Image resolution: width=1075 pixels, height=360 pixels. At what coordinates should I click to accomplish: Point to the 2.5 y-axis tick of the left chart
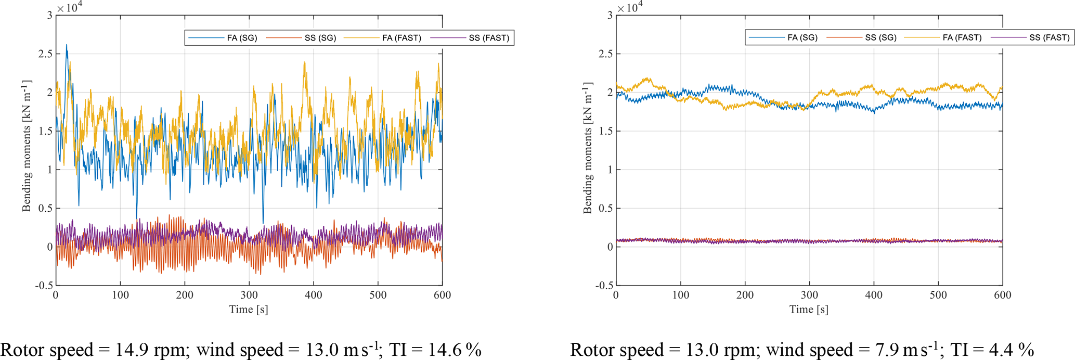(x=45, y=54)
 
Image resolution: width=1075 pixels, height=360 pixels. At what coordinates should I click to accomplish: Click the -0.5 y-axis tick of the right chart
(x=603, y=286)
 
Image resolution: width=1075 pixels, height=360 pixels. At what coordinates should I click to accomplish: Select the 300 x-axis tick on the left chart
(x=249, y=295)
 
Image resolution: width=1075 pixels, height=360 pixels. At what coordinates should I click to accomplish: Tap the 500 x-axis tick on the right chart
(x=938, y=295)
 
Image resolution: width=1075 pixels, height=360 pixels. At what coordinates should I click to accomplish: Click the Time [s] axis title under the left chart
(x=249, y=310)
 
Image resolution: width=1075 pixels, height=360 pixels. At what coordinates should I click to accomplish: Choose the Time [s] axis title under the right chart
(x=809, y=310)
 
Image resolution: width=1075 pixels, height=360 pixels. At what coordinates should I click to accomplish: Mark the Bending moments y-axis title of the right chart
(x=588, y=147)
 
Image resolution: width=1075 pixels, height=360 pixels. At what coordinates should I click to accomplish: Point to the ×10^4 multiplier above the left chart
(x=70, y=7)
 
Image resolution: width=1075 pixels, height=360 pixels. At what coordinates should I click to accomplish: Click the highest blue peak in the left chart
(x=67, y=46)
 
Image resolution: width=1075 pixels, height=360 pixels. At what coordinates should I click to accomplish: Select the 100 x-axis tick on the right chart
(x=680, y=295)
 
